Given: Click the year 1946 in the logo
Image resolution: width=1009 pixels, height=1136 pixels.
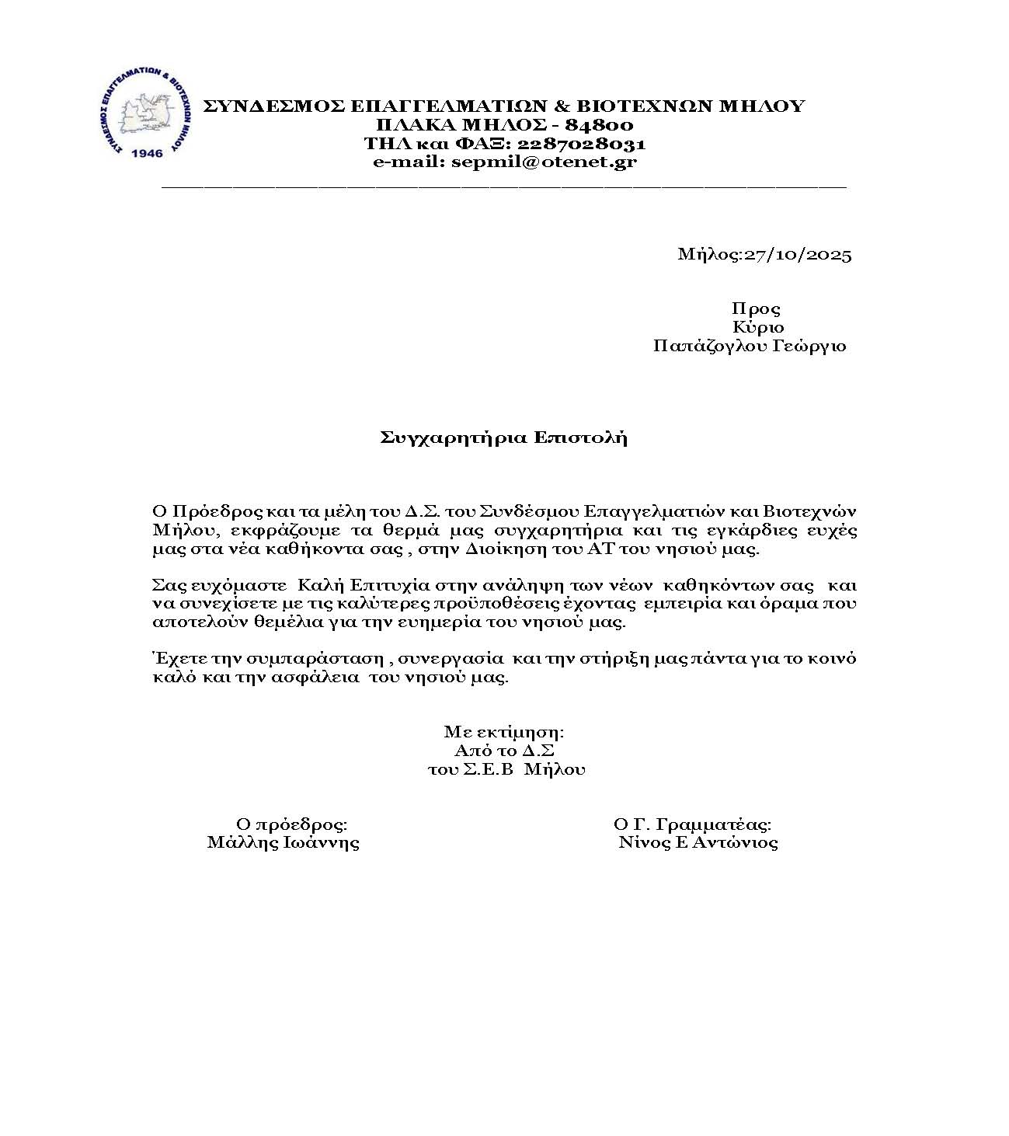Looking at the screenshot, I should coord(148,153).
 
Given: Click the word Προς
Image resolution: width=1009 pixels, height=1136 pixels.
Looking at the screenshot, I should coord(756,309).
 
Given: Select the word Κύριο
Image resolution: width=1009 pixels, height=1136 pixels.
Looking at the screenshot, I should coord(758,328).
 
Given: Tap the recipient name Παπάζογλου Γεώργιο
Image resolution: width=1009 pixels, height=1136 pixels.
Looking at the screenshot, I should coord(750,347).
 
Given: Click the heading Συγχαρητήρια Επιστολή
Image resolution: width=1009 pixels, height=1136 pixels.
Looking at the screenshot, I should coord(504,437).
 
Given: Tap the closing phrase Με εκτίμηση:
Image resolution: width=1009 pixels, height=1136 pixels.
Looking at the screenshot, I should coord(504,732).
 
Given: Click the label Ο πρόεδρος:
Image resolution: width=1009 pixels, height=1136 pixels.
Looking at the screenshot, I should coord(291,824).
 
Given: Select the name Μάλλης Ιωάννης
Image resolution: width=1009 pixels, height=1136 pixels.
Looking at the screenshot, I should coord(284,843).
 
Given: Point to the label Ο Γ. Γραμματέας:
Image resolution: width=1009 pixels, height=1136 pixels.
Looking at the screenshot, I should coord(692,824).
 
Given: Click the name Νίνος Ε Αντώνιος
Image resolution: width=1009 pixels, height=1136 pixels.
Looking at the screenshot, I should coord(698,843).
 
